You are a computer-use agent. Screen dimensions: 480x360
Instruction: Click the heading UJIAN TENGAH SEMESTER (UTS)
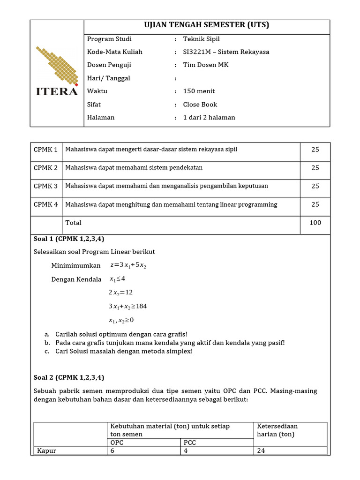pos(207,25)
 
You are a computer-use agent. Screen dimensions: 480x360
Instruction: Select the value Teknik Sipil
pos(201,39)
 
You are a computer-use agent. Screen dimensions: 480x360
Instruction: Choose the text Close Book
pos(200,105)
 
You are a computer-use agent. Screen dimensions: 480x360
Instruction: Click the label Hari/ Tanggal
pos(108,78)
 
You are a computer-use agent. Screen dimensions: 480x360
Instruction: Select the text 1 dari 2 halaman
pos(209,118)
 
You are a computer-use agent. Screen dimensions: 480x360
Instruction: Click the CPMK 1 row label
pos(46,150)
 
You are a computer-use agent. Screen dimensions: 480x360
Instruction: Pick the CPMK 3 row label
pos(46,186)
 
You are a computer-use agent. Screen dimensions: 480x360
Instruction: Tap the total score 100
pos(315,223)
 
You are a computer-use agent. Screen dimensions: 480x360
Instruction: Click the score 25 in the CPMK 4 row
pos(315,204)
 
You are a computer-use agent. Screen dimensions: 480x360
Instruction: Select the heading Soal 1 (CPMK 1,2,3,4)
pos(69,239)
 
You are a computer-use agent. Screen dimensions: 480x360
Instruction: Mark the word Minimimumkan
pos(76,266)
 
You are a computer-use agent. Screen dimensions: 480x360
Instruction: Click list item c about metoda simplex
pos(124,351)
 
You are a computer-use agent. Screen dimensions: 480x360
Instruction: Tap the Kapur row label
pos(46,451)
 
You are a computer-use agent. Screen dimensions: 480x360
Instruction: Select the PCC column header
pos(190,442)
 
